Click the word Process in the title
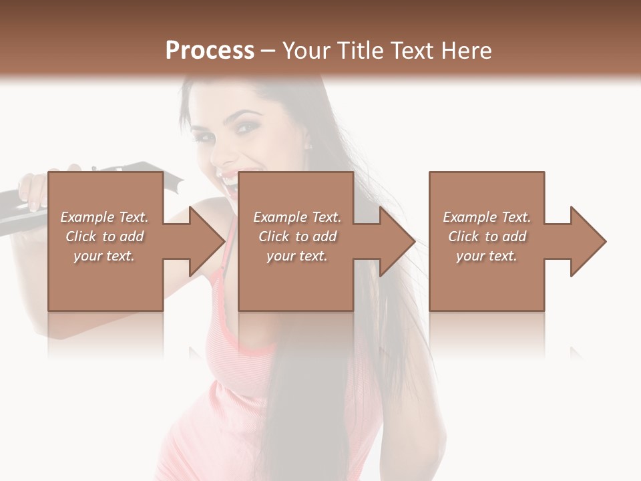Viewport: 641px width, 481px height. [x=210, y=51]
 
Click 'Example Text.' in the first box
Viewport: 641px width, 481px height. [x=104, y=217]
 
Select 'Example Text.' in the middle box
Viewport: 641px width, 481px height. [x=297, y=217]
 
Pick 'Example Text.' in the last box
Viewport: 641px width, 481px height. [x=487, y=217]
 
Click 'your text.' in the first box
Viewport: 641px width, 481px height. [x=104, y=256]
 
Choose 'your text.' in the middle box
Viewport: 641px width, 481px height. [x=297, y=256]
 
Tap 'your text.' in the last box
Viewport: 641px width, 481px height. [x=487, y=256]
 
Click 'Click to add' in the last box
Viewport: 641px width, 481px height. [x=487, y=236]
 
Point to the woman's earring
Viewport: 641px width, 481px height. [x=308, y=146]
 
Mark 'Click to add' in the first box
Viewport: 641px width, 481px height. [x=104, y=236]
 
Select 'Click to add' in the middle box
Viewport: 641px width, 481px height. [x=297, y=236]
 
